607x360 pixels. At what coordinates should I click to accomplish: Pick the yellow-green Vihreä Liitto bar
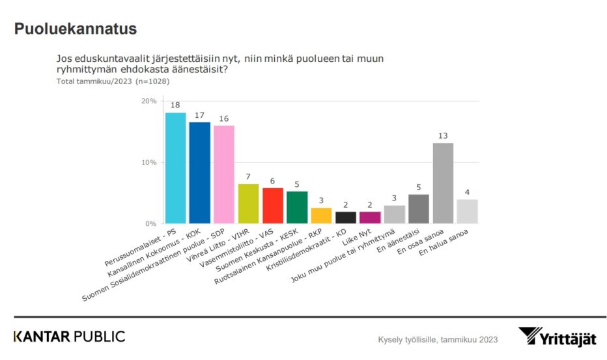pos(248,204)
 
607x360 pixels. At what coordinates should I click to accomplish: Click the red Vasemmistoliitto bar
pos(273,206)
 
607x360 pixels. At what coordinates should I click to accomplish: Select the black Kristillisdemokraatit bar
pos(346,217)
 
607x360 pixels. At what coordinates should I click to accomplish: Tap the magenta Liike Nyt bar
pos(370,217)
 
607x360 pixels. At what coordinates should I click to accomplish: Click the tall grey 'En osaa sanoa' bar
pos(443,183)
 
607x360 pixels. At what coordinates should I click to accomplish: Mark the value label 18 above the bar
pos(176,105)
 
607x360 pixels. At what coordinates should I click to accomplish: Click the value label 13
pos(443,135)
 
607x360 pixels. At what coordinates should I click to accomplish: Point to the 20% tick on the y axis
pos(149,101)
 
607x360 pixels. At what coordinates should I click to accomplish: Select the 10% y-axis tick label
pos(149,162)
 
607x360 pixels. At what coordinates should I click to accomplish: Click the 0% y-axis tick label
pos(151,223)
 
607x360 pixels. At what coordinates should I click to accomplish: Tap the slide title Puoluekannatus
pos(75,29)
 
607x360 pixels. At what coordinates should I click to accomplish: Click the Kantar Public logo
pos(70,337)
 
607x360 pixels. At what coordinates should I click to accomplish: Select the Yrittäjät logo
pos(558,337)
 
